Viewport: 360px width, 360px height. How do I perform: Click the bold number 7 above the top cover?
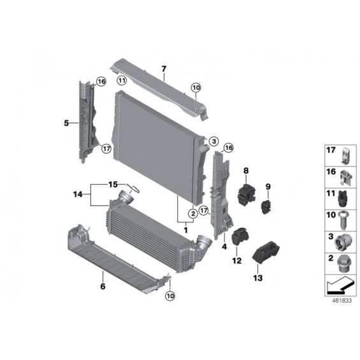pyautogui.click(x=164, y=69)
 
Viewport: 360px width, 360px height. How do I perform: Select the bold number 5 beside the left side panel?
pyautogui.click(x=66, y=123)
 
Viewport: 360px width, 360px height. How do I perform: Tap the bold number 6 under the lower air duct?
pyautogui.click(x=103, y=286)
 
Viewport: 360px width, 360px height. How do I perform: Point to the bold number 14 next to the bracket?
pyautogui.click(x=78, y=194)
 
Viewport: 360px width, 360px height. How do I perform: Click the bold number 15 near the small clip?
pyautogui.click(x=113, y=184)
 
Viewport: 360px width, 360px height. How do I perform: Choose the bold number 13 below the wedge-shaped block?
pyautogui.click(x=258, y=278)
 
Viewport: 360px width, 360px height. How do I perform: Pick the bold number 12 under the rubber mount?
pyautogui.click(x=237, y=261)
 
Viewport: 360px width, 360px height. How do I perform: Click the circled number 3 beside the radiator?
pyautogui.click(x=214, y=141)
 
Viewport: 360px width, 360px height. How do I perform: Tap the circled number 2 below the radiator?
pyautogui.click(x=193, y=213)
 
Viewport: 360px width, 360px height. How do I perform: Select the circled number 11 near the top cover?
pyautogui.click(x=122, y=80)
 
